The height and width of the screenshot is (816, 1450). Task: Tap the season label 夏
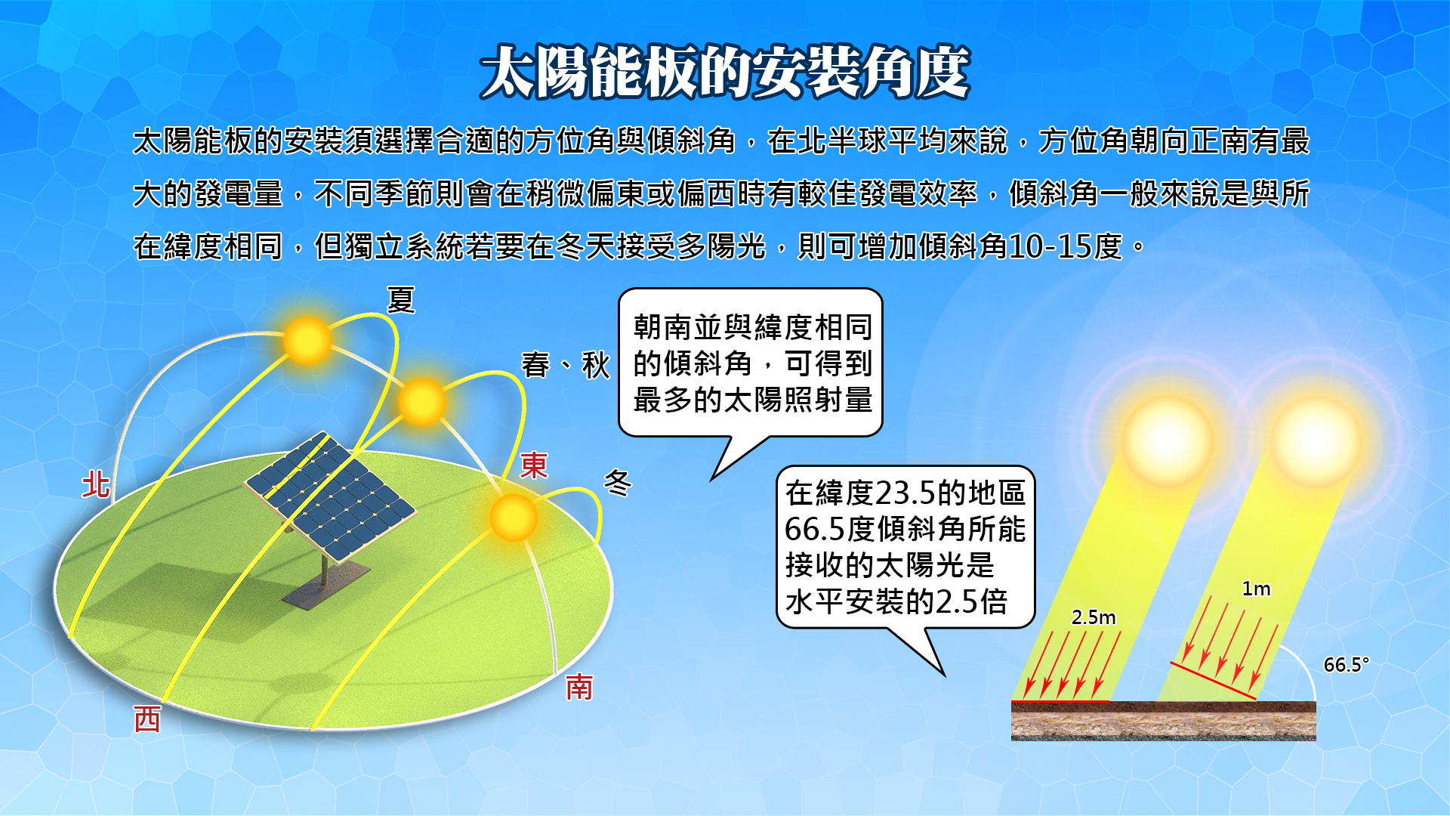pos(401,300)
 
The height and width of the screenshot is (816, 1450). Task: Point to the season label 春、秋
pos(566,365)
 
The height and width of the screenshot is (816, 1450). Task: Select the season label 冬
pos(617,483)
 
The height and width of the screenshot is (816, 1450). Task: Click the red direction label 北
pos(96,484)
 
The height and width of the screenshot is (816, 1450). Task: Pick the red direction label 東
pos(534,465)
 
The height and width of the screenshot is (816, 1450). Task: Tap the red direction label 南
pos(579,688)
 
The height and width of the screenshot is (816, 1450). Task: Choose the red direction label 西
pos(147,719)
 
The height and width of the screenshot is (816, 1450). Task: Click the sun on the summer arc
pos(307,341)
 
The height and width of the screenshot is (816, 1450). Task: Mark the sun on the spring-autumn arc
pos(422,402)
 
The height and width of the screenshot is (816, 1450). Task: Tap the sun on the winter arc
pos(514,518)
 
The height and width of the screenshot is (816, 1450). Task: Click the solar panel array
pos(330,496)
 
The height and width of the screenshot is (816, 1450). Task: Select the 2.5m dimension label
pos(1094,617)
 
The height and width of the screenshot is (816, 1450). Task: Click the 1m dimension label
pos(1257,589)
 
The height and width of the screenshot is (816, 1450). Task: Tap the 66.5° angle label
pos(1347,664)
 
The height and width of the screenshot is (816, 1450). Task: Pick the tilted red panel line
pos(1214,681)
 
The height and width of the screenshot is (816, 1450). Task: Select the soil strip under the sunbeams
pos(1164,721)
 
